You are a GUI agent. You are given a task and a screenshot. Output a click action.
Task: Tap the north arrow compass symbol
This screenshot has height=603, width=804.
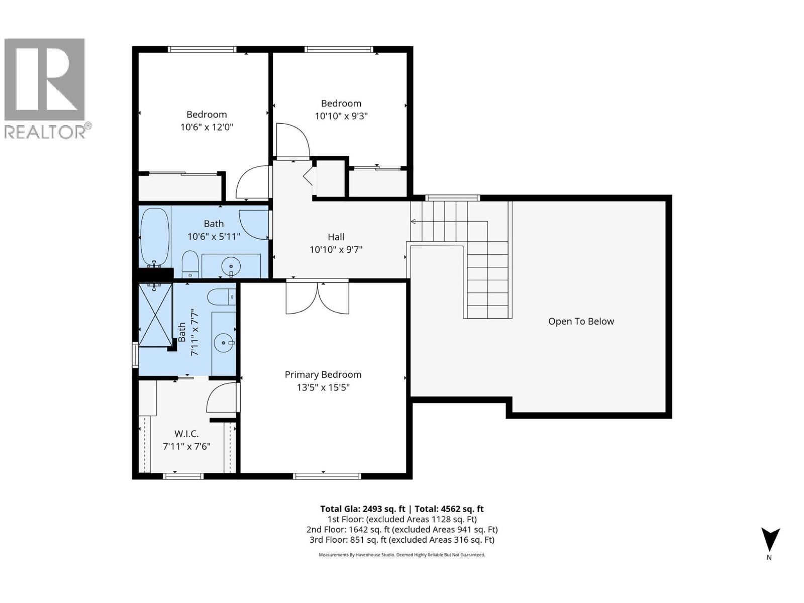click(769, 540)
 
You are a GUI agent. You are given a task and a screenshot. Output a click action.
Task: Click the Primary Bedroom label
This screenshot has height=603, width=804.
click(323, 374)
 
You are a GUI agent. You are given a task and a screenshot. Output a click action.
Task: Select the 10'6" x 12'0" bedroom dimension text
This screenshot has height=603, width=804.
click(207, 127)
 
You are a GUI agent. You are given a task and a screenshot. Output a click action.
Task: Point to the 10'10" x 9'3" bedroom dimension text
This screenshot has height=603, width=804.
click(341, 116)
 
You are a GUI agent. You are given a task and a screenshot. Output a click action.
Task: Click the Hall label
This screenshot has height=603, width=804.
click(336, 237)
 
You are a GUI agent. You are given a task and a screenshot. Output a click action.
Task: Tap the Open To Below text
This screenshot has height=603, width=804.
click(581, 321)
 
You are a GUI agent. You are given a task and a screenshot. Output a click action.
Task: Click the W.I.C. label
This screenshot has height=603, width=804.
click(186, 434)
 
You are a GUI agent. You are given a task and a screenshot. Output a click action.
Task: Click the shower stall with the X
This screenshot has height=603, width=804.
click(155, 315)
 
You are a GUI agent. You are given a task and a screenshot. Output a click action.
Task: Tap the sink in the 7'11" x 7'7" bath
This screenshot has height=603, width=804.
click(224, 344)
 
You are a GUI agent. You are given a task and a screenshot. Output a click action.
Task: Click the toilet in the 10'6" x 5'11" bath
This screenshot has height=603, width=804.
click(190, 263)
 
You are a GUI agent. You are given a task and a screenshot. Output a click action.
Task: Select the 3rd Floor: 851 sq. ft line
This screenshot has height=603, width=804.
click(401, 540)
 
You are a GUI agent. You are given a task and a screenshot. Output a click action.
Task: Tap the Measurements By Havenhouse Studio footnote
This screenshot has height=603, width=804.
click(401, 555)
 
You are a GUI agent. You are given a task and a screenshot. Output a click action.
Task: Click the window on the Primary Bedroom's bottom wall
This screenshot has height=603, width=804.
click(327, 476)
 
